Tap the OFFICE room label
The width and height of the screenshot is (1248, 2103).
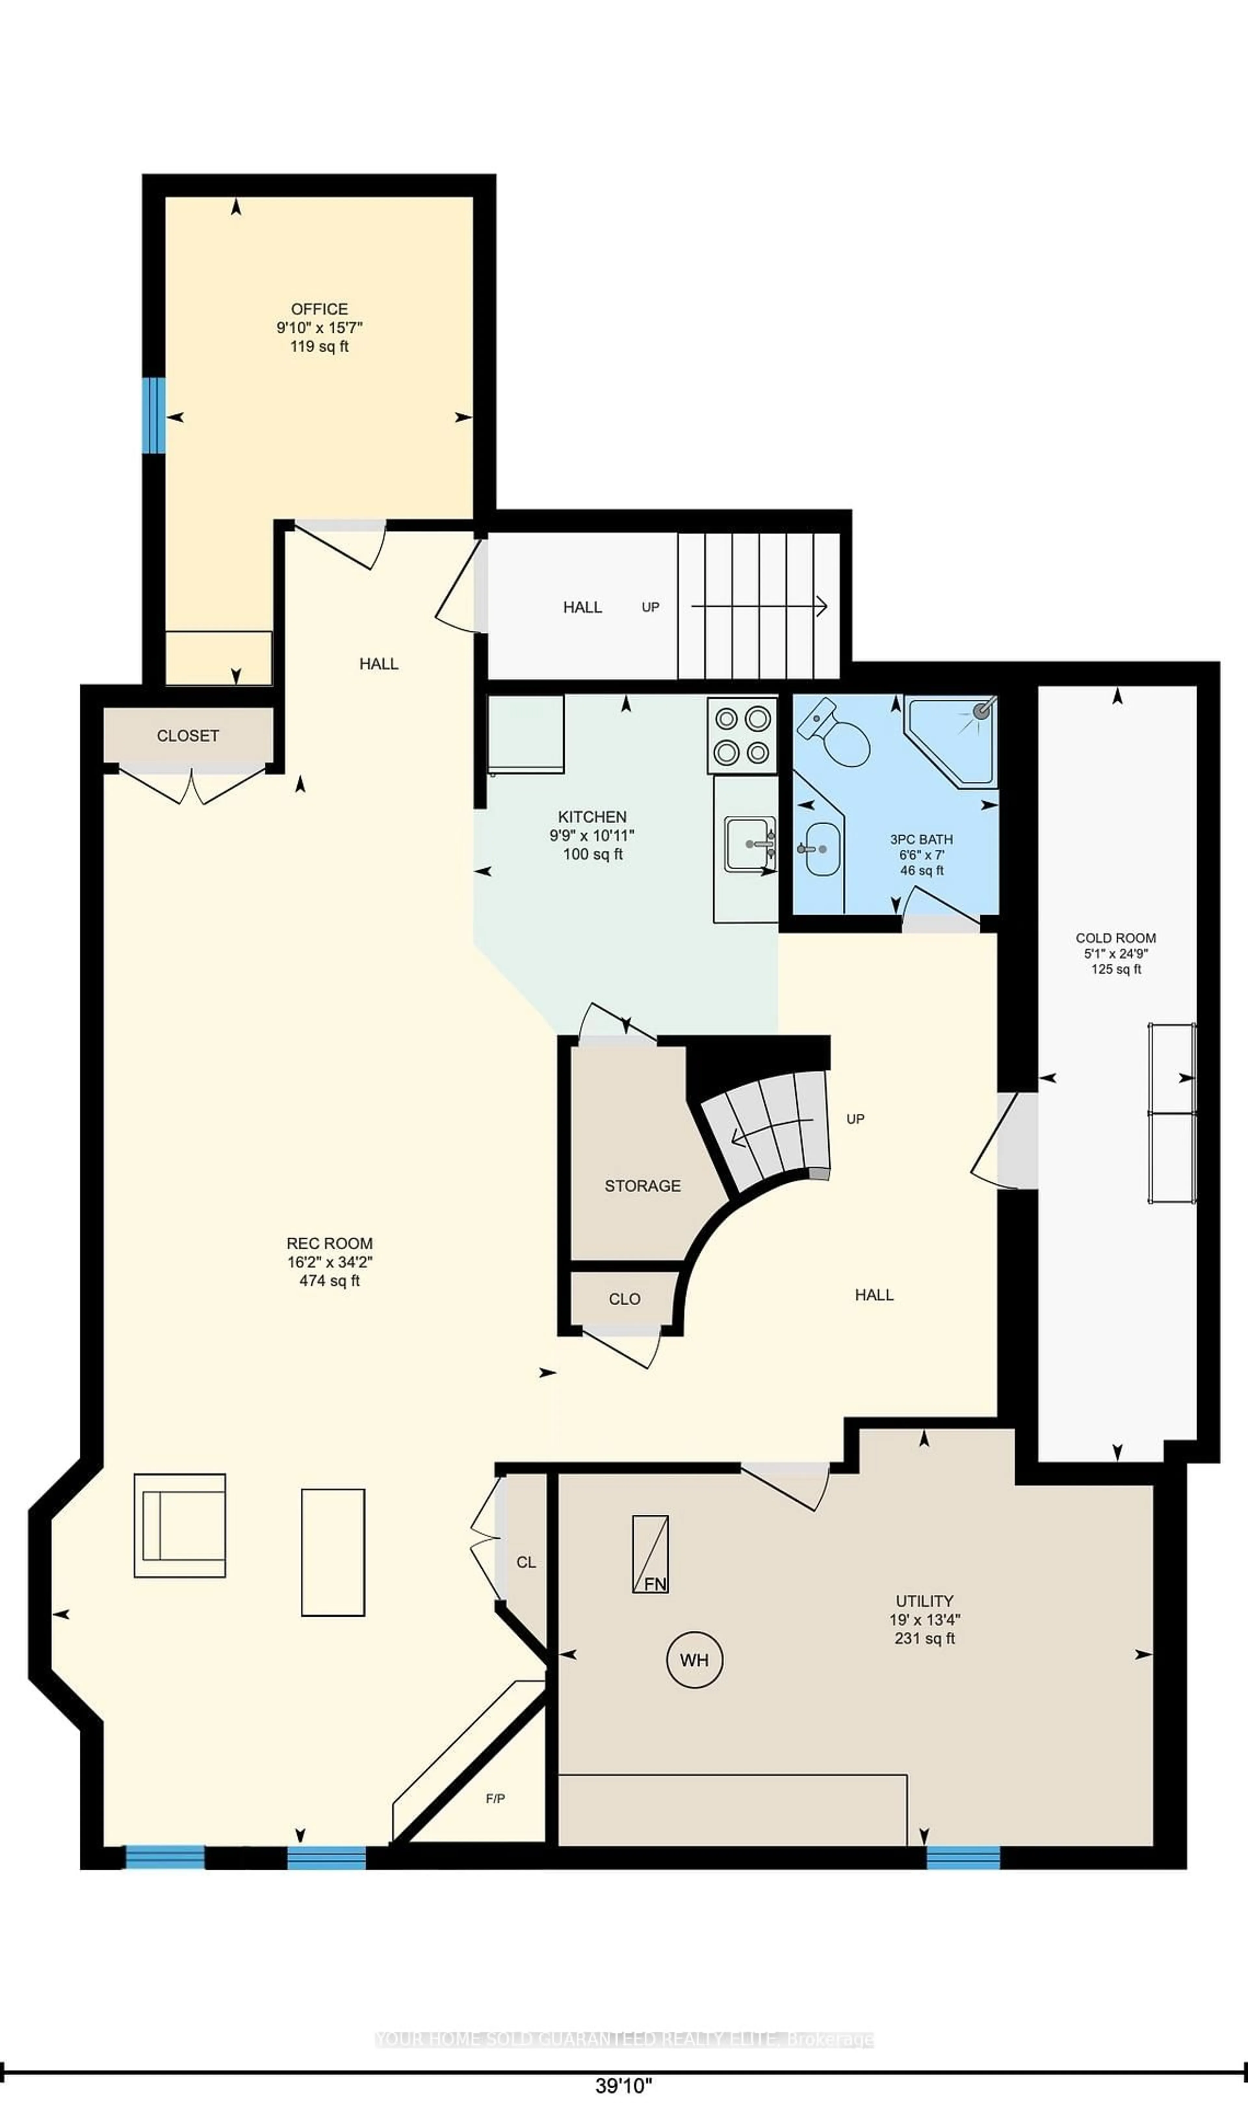[x=319, y=309]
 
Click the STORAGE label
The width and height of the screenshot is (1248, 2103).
[x=643, y=1185]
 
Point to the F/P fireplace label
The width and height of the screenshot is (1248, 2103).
[x=495, y=1799]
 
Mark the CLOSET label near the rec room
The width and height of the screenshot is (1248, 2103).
[x=188, y=735]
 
